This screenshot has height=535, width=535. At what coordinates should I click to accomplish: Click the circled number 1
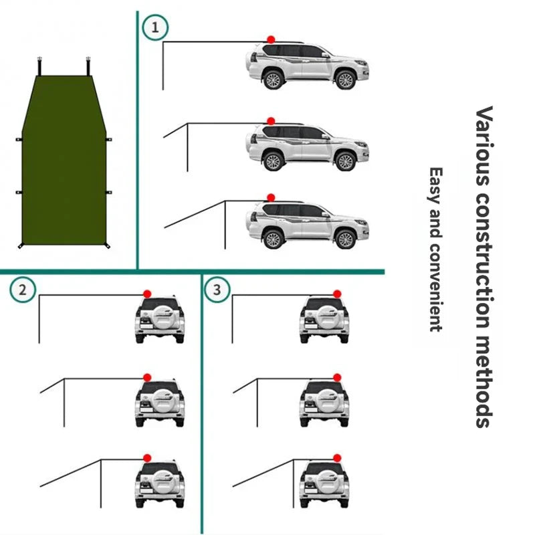pyautogui.click(x=155, y=27)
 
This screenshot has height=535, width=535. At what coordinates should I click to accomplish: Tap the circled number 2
pyautogui.click(x=23, y=290)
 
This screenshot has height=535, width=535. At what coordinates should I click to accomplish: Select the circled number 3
pyautogui.click(x=216, y=290)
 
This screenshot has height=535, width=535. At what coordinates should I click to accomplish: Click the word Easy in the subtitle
pyautogui.click(x=436, y=186)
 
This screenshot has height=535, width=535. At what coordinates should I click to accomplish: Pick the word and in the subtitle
pyautogui.click(x=436, y=224)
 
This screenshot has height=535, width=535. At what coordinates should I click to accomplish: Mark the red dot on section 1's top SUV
pyautogui.click(x=271, y=40)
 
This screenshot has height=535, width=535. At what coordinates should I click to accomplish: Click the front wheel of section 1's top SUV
pyautogui.click(x=344, y=80)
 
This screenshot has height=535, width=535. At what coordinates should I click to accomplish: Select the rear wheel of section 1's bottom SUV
pyautogui.click(x=272, y=238)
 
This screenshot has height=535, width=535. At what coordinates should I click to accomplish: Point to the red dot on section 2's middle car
pyautogui.click(x=147, y=377)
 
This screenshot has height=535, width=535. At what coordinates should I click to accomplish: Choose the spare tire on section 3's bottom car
pyautogui.click(x=324, y=485)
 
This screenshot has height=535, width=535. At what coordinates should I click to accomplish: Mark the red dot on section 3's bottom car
pyautogui.click(x=337, y=458)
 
